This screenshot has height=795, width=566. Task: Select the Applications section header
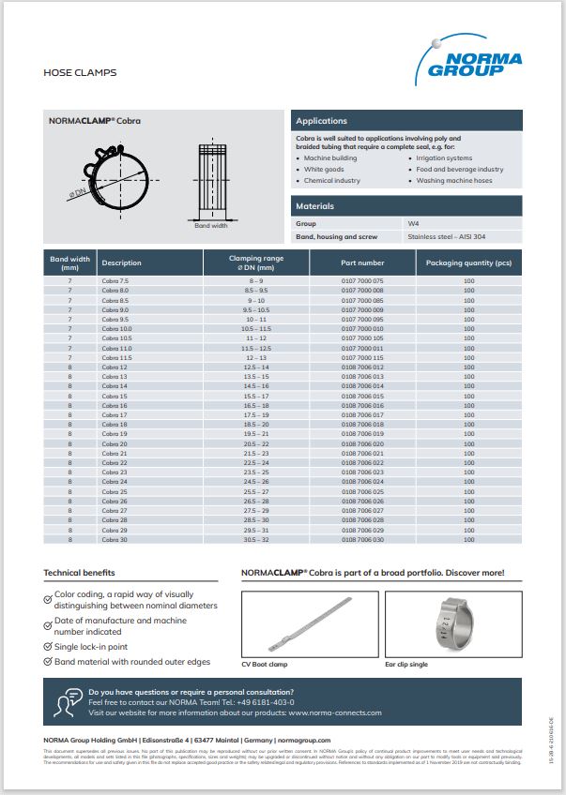point(321,121)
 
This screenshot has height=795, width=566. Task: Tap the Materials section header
point(314,205)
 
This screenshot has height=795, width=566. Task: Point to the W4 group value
point(413,224)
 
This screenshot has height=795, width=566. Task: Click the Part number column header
point(362,262)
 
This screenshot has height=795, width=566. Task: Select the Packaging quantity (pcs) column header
point(468,262)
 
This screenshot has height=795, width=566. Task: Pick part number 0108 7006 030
point(362,539)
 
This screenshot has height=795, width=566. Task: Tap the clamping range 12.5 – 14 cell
point(256,367)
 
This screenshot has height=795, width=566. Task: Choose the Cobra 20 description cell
point(115,444)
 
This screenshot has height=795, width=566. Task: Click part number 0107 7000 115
point(362,358)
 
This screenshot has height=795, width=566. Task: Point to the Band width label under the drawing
point(210,226)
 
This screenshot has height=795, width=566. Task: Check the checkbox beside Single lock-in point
point(49,647)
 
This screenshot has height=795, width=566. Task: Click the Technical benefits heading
point(79,572)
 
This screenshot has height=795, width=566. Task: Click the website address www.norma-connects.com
point(335,712)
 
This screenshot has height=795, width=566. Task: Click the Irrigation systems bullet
point(444,158)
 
